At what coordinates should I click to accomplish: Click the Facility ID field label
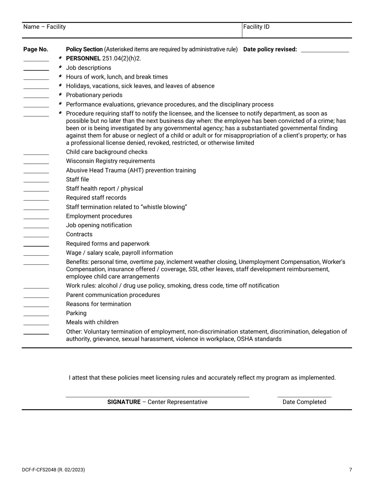[x=256, y=27]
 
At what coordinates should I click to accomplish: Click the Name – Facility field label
[x=44, y=27]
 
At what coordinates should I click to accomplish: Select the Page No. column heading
[x=36, y=49]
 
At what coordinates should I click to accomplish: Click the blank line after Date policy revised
[x=324, y=50]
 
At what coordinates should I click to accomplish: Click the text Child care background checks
[x=107, y=152]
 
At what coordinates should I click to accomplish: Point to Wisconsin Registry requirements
[x=110, y=161]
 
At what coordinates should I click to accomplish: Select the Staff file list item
[x=78, y=179]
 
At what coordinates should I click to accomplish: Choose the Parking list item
[x=76, y=313]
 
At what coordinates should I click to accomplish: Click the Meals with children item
[x=92, y=322]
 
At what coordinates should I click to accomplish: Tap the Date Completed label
[x=304, y=402]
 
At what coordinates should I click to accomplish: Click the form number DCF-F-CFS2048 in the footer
[x=39, y=469]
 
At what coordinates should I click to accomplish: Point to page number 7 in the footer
[x=350, y=469]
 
